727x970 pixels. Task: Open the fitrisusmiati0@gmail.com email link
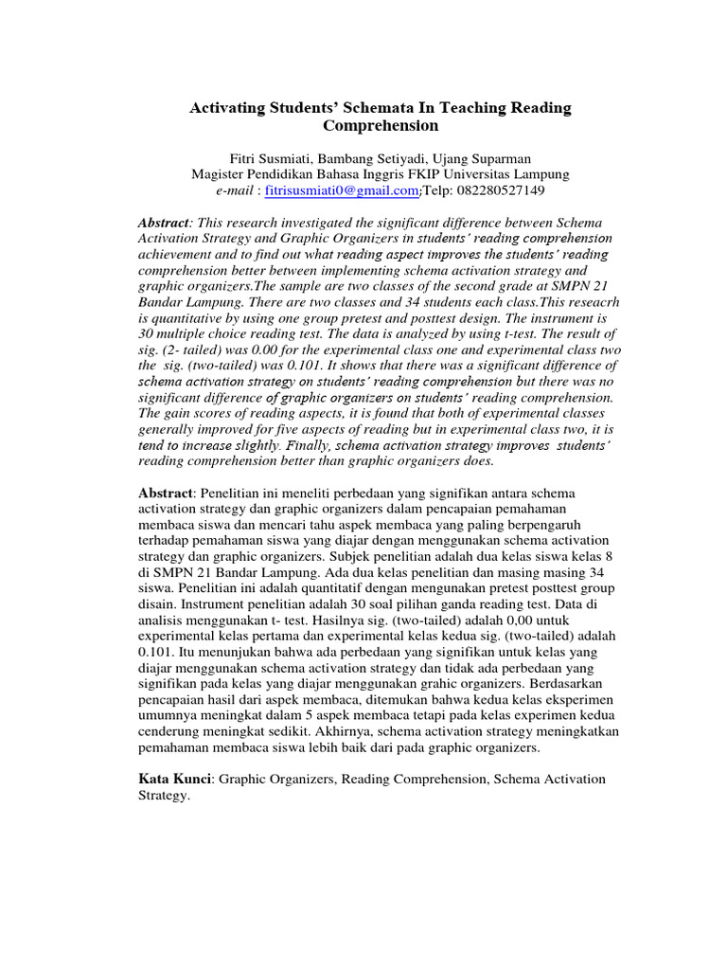click(x=342, y=190)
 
